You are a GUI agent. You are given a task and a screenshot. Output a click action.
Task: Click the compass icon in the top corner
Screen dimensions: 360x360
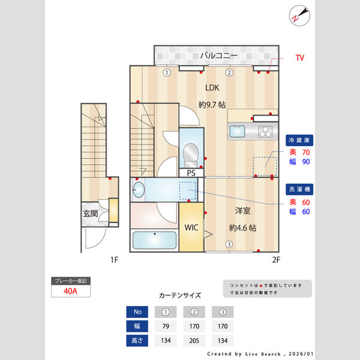point(298,15)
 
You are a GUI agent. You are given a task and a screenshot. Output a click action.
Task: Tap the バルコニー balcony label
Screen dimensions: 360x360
point(218,56)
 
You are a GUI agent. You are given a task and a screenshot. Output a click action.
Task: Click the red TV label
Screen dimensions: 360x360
point(299,58)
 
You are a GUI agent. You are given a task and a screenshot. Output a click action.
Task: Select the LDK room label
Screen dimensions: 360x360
point(212,87)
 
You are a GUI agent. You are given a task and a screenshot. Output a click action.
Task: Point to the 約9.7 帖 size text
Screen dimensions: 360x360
point(212,104)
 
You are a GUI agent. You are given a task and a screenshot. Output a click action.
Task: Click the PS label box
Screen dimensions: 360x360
point(191,173)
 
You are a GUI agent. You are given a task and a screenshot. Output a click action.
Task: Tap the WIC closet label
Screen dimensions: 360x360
point(191,228)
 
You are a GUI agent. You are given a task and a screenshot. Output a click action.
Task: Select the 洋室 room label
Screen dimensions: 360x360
point(243,211)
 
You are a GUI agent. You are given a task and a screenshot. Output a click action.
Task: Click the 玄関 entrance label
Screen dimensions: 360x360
point(90,214)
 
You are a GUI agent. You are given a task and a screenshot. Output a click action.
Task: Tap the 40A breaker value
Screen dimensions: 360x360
point(70,292)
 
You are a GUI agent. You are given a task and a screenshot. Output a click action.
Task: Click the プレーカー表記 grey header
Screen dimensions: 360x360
point(70,281)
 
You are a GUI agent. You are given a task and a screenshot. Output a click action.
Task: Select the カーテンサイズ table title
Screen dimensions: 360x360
point(179,295)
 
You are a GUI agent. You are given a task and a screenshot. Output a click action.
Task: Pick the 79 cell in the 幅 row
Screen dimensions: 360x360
point(166,327)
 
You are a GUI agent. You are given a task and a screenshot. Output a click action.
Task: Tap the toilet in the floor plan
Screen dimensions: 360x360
point(191,153)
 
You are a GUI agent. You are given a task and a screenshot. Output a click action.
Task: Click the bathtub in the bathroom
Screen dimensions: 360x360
point(154,241)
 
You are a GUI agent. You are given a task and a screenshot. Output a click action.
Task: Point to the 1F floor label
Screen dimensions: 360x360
point(114,260)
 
